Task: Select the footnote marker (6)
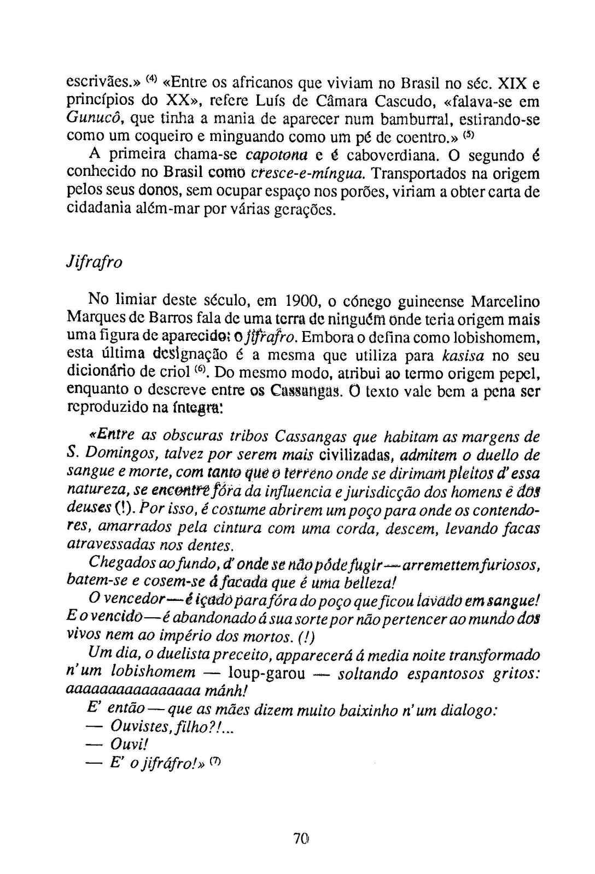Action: pos(200,371)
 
